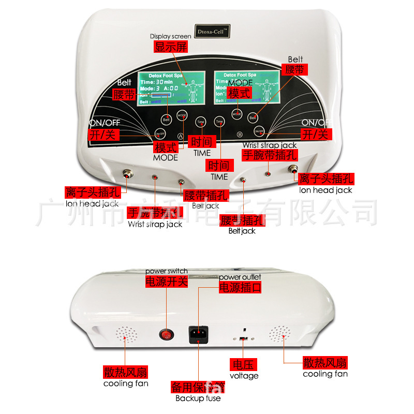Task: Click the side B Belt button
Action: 253,117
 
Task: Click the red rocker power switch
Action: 167,335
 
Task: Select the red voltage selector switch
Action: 243,338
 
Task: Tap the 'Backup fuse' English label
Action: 198,398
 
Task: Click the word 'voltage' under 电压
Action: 244,376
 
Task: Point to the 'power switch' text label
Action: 166,271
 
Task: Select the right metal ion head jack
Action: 293,169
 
